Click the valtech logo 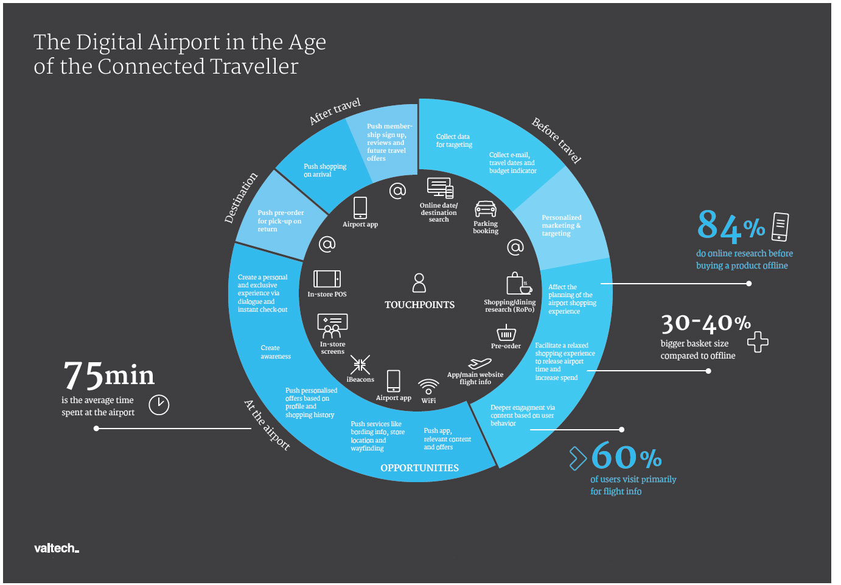pos(56,548)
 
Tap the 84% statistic pos(730,226)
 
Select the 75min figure pos(109,375)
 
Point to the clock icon pos(159,405)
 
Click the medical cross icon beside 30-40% pos(758,342)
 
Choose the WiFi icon pos(428,387)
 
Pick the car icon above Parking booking pos(486,209)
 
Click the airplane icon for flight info pos(480,363)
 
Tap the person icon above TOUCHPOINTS pos(419,282)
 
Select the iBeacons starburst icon pos(360,365)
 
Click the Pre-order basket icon pos(506,333)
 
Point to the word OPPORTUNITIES pos(419,468)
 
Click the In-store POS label pos(327,294)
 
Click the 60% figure pos(626,456)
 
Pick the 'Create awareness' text pos(276,352)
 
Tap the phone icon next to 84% pos(780,227)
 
